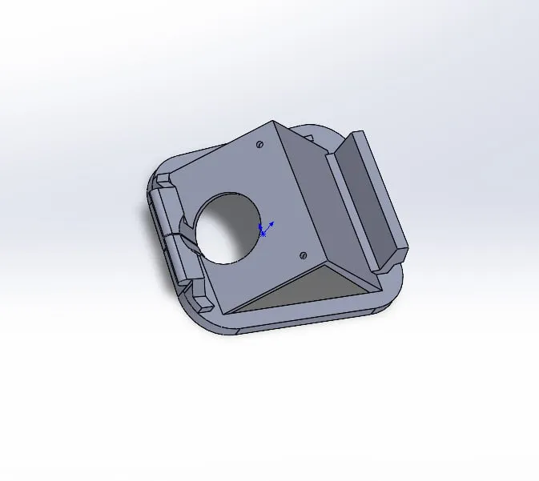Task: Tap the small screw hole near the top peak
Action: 259,145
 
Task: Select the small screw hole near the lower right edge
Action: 303,255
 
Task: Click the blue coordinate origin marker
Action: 263,232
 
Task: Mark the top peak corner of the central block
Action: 274,122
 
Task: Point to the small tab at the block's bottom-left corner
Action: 203,303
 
